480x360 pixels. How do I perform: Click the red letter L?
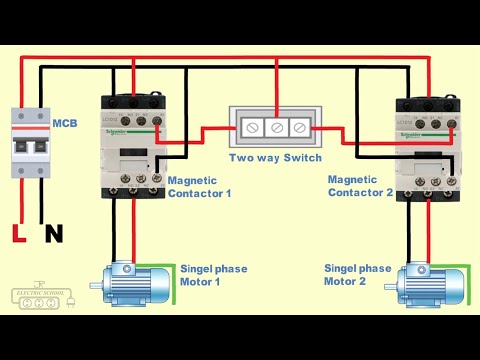[x=17, y=234]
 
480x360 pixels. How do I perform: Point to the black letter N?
[x=53, y=234]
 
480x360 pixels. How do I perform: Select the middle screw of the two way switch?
[x=275, y=129]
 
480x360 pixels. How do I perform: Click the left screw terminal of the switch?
[x=251, y=129]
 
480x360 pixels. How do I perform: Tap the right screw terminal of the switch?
[x=299, y=129]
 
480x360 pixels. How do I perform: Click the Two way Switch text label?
[x=275, y=158]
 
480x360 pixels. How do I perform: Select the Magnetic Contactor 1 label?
[x=199, y=186]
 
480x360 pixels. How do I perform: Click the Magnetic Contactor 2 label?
[x=360, y=185]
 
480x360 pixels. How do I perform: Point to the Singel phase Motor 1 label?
[x=213, y=275]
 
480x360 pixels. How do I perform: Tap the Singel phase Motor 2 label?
[x=357, y=275]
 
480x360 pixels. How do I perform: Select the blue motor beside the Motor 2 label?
[x=430, y=284]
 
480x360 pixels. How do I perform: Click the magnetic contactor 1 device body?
[x=133, y=144]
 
